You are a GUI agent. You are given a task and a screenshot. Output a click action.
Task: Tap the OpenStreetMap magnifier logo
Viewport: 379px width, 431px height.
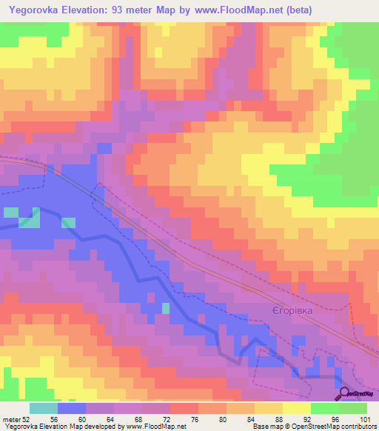point(343,395)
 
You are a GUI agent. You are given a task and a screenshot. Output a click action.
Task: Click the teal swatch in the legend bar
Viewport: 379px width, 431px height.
point(44,409)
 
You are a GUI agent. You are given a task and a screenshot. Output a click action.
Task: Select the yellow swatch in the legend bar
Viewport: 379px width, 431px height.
point(297,409)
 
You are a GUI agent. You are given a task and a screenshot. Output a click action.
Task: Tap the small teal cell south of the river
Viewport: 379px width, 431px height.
point(166,307)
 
